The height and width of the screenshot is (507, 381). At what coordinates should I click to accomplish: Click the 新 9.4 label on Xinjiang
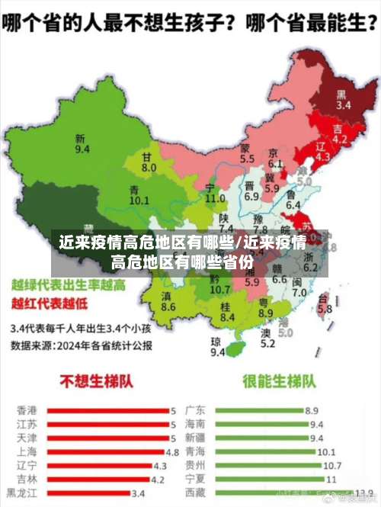(x=82, y=144)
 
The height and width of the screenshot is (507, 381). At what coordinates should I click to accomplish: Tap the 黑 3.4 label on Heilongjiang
(x=343, y=100)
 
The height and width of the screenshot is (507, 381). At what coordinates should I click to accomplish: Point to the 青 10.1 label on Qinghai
(x=139, y=194)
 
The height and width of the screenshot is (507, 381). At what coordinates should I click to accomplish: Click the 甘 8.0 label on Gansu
(x=149, y=162)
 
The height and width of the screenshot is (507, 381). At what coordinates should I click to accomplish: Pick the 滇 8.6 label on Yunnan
(x=168, y=301)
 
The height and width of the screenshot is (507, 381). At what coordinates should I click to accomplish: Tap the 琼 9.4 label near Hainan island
(x=218, y=347)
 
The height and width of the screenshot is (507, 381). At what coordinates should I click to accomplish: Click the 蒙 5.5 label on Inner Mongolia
(x=247, y=153)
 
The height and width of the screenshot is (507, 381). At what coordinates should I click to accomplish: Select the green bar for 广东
(x=259, y=410)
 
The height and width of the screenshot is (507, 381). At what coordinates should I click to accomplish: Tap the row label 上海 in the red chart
(x=25, y=451)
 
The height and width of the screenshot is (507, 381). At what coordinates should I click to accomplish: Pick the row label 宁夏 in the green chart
(x=195, y=479)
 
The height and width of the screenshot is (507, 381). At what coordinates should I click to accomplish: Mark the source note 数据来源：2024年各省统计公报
(x=81, y=345)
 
